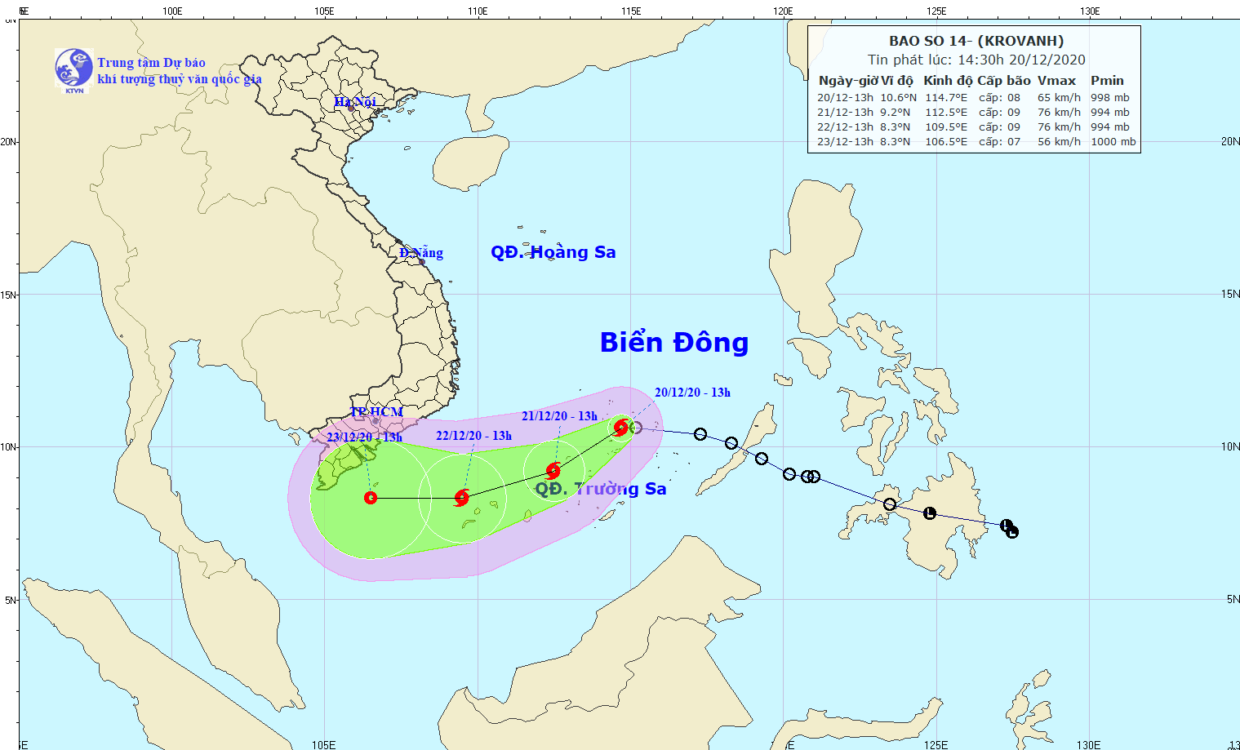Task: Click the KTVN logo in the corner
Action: click(73, 69)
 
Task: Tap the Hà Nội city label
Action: click(355, 102)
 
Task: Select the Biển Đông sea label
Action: click(673, 343)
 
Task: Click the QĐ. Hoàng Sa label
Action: click(553, 252)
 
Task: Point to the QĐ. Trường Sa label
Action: click(600, 489)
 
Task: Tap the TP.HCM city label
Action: click(376, 412)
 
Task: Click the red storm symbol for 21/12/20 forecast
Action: click(553, 471)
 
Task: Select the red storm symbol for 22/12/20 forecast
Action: click(462, 498)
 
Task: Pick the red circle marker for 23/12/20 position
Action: click(371, 498)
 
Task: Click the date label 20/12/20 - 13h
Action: click(692, 393)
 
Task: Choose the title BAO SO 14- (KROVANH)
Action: click(976, 41)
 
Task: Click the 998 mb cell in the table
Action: click(1109, 98)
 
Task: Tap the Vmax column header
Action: click(1056, 81)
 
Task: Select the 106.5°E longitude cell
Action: click(945, 142)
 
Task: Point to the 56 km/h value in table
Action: click(1059, 142)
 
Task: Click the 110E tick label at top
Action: click(478, 11)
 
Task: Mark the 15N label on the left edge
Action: click(9, 295)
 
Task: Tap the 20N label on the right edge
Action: click(1229, 142)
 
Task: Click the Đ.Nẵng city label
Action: click(421, 253)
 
